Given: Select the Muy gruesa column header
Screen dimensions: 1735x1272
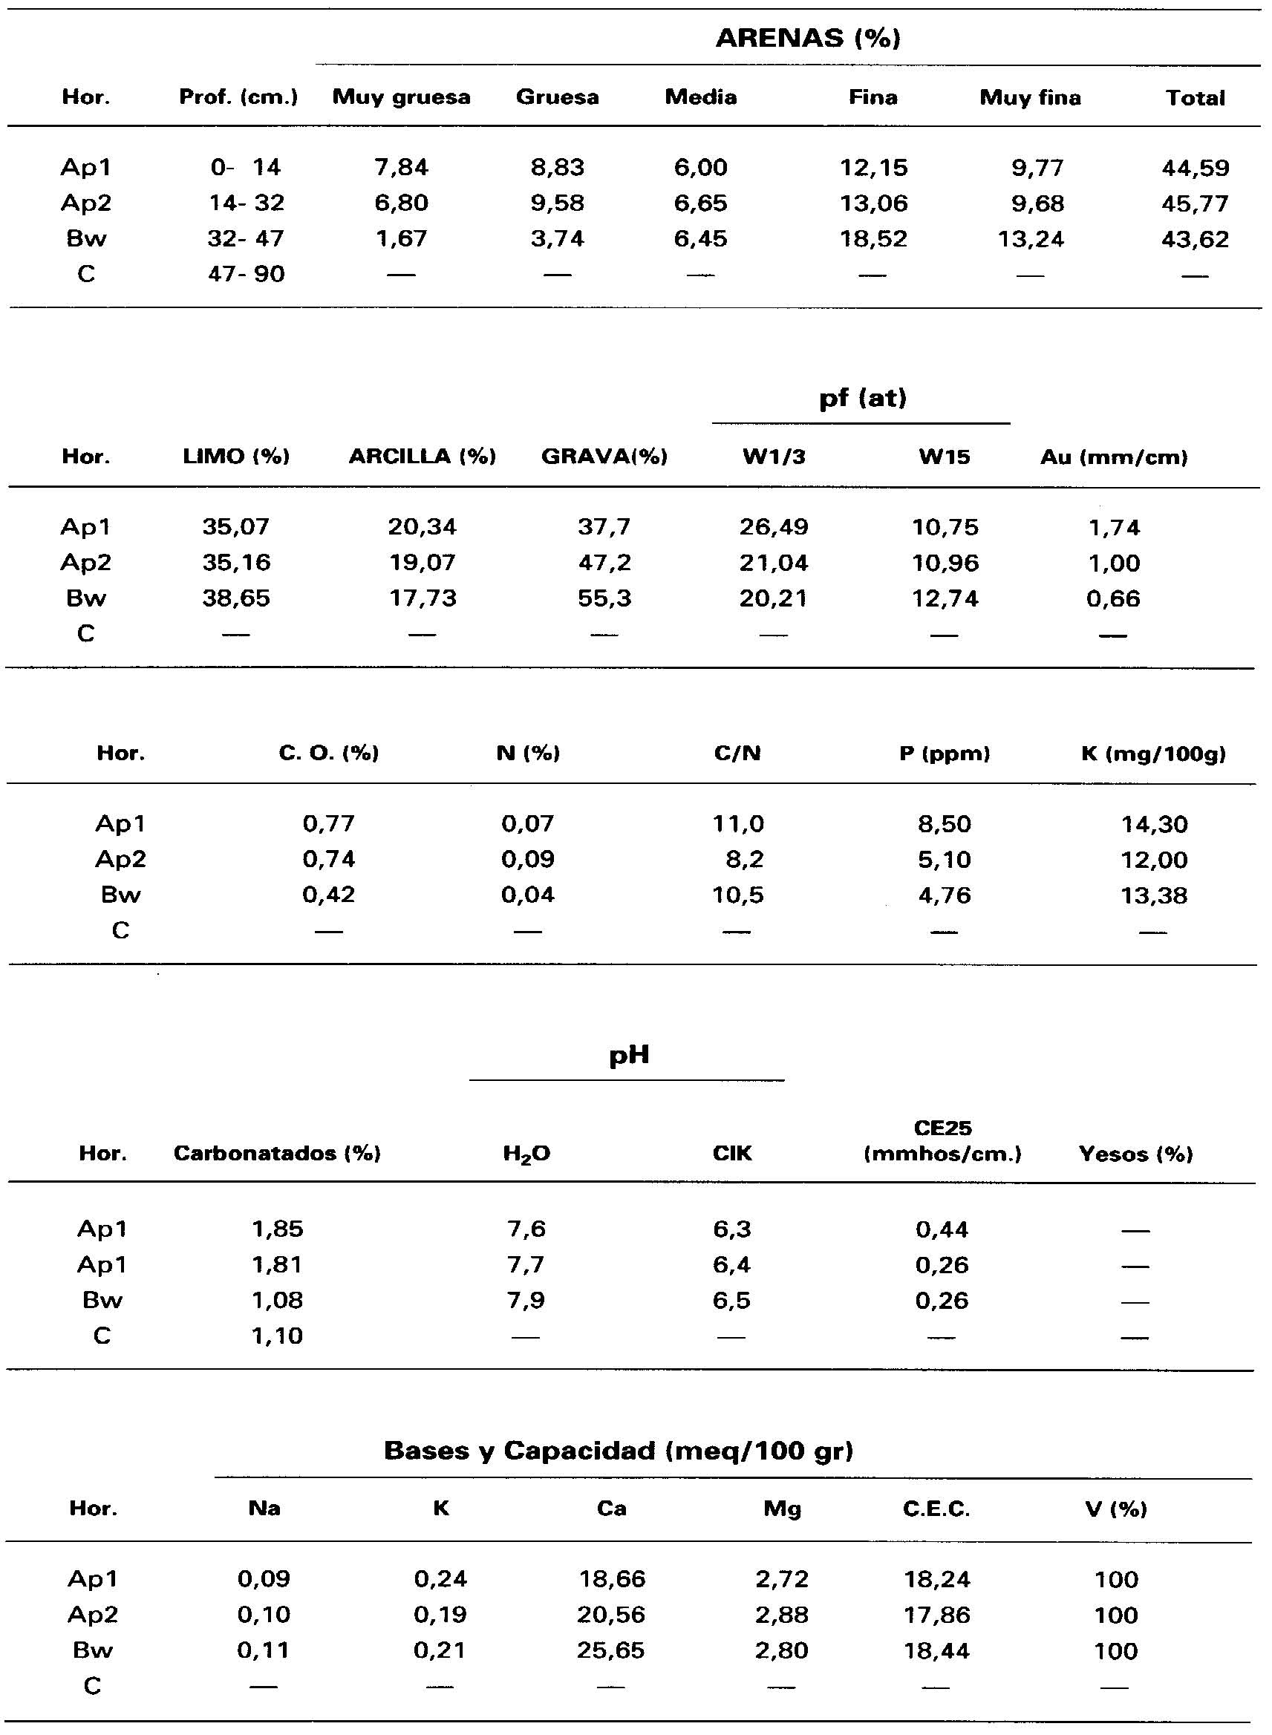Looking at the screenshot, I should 401,97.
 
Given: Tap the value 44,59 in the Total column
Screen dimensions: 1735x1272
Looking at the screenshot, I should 1195,168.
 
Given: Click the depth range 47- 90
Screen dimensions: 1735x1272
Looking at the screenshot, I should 247,274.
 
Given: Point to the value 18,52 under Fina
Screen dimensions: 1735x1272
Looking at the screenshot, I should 873,238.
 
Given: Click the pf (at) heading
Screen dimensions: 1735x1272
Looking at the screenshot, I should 862,398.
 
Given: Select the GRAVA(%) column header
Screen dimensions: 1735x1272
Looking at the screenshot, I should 604,457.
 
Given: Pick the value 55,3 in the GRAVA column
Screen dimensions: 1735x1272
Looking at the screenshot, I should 604,598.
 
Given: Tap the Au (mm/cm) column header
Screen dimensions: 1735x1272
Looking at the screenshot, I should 1113,457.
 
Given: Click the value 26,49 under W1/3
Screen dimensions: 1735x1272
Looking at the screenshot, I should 774,527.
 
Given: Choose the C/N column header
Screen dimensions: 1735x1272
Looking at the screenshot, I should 737,753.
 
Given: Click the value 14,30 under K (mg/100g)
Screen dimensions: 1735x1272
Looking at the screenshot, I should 1154,824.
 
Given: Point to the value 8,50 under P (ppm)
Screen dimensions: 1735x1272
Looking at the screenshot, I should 944,824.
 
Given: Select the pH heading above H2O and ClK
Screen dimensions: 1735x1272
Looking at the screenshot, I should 628,1055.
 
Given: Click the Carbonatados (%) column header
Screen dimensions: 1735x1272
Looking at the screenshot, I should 277,1153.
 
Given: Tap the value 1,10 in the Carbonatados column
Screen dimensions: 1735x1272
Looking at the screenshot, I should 277,1336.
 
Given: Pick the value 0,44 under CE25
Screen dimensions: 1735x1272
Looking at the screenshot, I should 942,1229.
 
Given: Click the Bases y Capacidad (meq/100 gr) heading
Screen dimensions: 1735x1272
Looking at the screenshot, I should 619,1451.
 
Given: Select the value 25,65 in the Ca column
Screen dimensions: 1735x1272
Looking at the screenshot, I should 610,1650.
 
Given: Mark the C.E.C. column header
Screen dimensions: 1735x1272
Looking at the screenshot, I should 936,1509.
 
